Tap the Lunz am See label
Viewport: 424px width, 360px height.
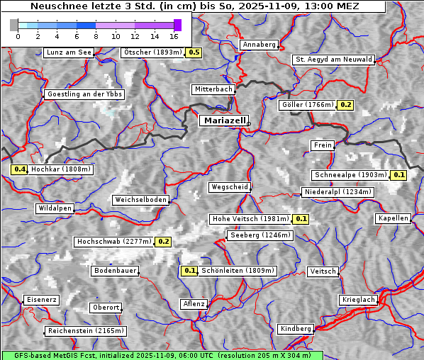[x=69, y=52]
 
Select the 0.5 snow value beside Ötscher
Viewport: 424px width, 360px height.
[x=194, y=52]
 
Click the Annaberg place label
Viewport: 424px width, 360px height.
[x=259, y=45]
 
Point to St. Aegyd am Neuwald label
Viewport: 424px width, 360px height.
[x=333, y=60]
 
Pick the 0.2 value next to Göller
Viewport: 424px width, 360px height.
[x=345, y=105]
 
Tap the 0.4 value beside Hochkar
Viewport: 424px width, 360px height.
[x=19, y=169]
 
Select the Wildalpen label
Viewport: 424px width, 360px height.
[x=55, y=208]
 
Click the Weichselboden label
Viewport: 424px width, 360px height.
[x=141, y=200]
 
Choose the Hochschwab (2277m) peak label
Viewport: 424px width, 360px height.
[x=114, y=242]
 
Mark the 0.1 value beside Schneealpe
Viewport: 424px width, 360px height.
[x=398, y=175]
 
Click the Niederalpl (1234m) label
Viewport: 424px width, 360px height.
[x=337, y=192]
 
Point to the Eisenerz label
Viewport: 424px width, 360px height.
[x=41, y=300]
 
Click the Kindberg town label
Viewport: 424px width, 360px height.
[x=296, y=329]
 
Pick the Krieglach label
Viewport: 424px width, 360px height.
[x=358, y=300]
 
